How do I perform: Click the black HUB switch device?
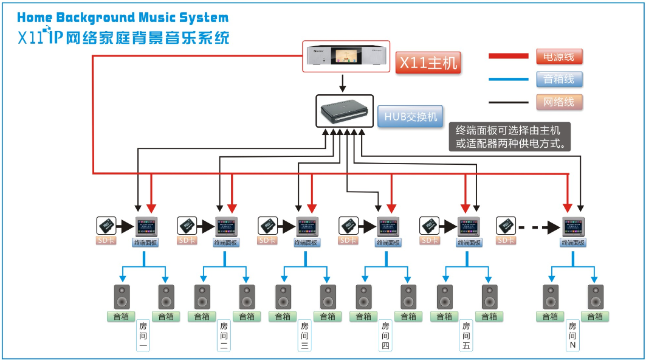point(344,111)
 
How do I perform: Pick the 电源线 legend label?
point(559,57)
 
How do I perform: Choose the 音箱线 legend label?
point(559,79)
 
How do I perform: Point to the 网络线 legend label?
point(559,102)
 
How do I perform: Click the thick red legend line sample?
point(509,57)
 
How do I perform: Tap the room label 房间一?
point(143,335)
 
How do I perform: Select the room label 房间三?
point(304,335)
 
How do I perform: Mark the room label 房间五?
point(466,335)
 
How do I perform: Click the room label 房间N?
point(572,335)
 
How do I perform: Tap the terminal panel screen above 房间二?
point(226,227)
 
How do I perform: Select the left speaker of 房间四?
point(365,297)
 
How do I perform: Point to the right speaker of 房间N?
point(595,297)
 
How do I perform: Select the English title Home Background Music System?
point(123,18)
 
